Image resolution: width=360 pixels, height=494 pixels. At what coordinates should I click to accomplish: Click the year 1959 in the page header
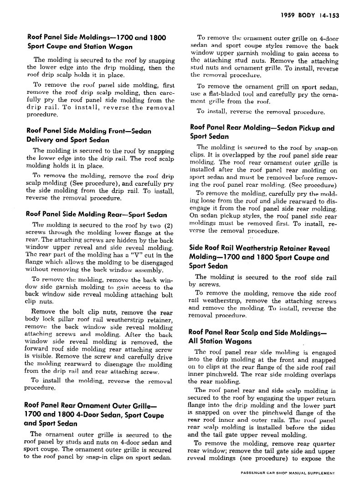point(288,15)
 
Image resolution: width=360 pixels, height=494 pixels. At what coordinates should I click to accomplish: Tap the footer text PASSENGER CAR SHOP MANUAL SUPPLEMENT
point(288,474)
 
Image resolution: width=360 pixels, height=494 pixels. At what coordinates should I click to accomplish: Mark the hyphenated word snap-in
point(100,457)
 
